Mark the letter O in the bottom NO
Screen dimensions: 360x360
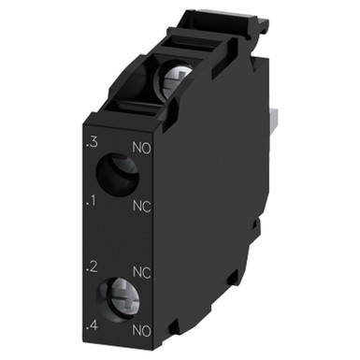(x=148, y=331)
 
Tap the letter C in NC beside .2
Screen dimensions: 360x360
(x=148, y=272)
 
